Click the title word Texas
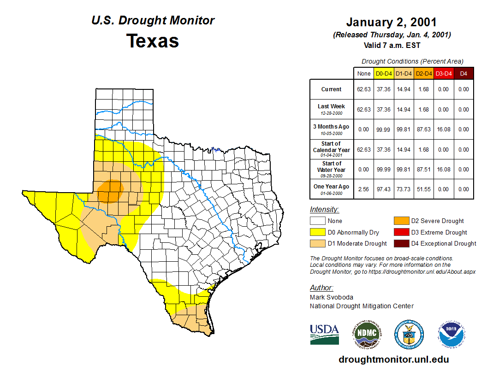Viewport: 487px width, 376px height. (x=153, y=41)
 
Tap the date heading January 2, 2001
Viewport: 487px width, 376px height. (x=392, y=22)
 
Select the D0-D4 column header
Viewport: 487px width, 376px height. (x=384, y=73)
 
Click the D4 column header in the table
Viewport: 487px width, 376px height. (x=463, y=73)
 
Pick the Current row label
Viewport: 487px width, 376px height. (x=332, y=89)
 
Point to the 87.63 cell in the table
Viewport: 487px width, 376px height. (x=423, y=129)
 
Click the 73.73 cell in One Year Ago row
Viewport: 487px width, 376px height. (x=404, y=189)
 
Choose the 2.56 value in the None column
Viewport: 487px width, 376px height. (x=364, y=189)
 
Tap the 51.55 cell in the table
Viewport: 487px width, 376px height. (x=423, y=189)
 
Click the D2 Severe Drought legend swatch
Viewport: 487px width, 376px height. (x=401, y=221)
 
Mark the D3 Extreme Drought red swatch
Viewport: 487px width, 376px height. (x=401, y=232)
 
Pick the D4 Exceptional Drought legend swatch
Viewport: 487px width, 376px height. (x=401, y=243)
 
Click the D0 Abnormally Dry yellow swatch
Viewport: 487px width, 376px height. (x=317, y=232)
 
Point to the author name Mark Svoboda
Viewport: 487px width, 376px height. (x=332, y=297)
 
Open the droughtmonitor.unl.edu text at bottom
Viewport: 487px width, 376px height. (x=393, y=359)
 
